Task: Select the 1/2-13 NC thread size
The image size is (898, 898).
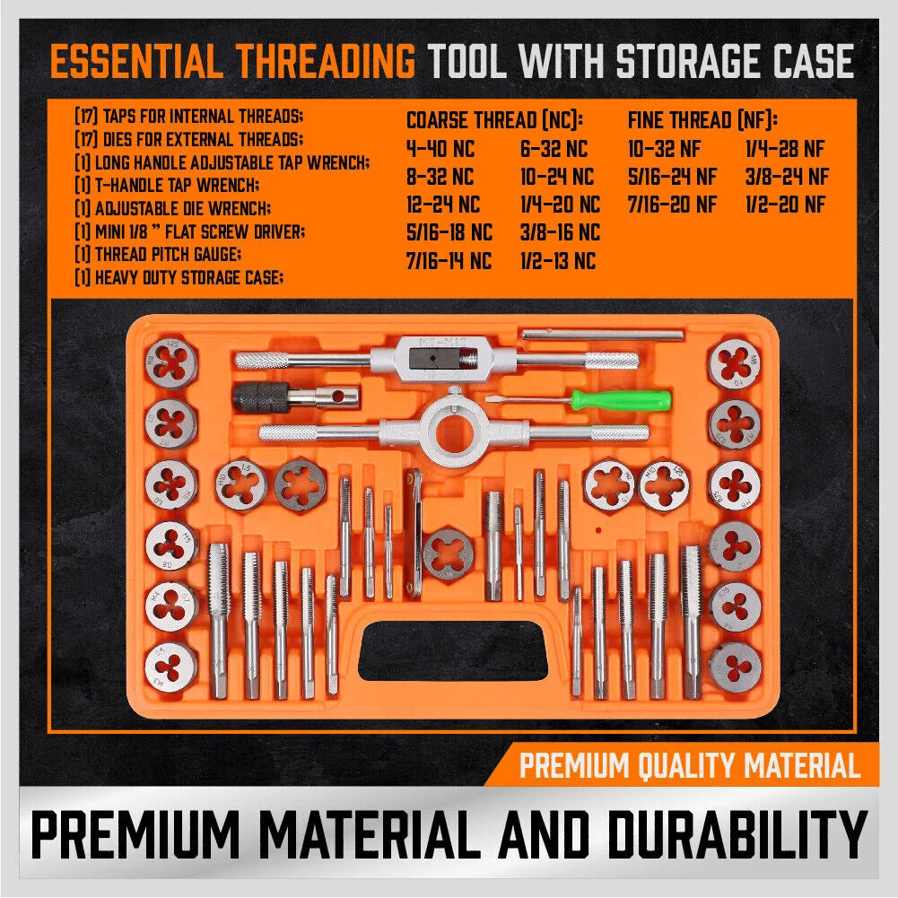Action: (558, 261)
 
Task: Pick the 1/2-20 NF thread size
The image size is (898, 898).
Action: (785, 205)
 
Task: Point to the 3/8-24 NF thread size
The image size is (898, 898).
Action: (787, 177)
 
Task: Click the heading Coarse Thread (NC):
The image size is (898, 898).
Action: (494, 120)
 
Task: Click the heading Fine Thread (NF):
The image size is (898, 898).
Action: (702, 120)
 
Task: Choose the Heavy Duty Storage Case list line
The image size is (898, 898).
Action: (179, 278)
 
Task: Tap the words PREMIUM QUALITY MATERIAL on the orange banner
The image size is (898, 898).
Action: (689, 766)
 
